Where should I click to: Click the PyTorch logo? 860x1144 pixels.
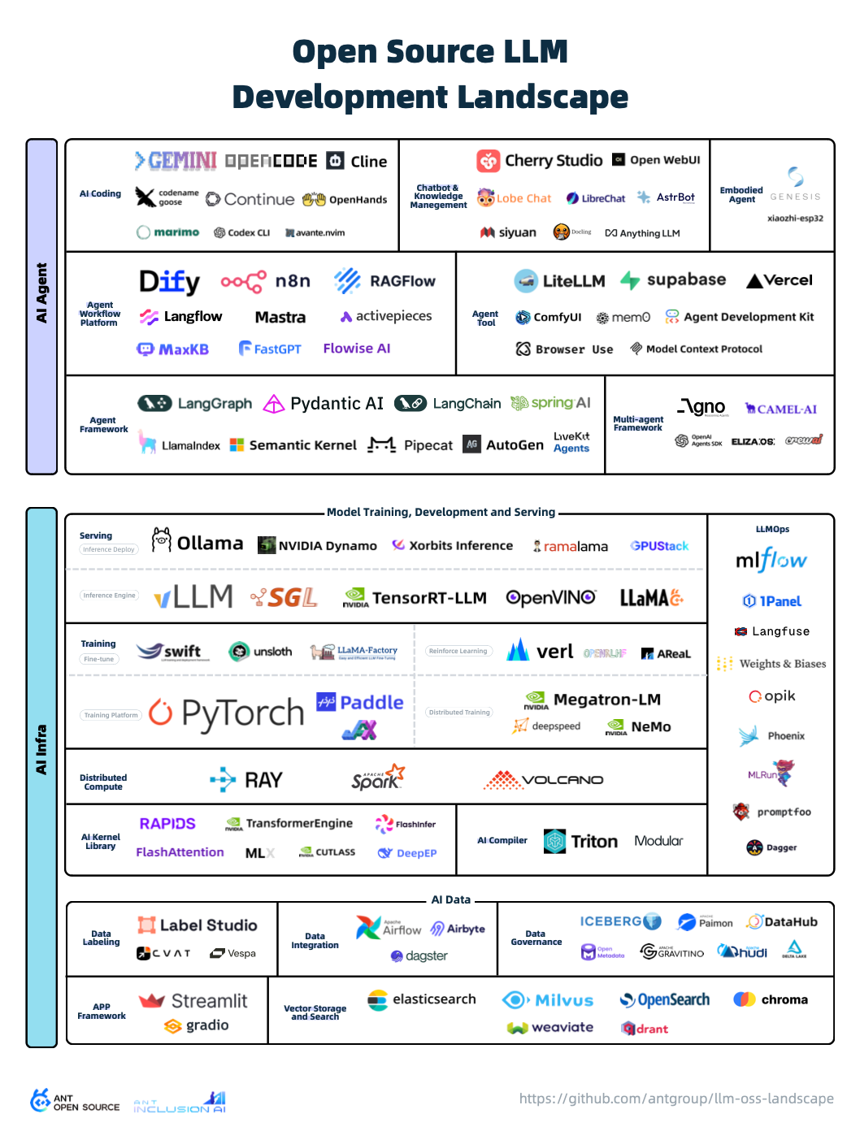coord(227,713)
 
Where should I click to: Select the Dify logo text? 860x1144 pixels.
coord(169,281)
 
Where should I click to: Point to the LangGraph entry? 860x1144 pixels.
coord(195,403)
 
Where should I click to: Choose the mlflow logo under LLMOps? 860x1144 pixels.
coord(771,560)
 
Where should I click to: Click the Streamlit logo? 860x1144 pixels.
coord(193,1001)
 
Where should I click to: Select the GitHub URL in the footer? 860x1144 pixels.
coord(676,1098)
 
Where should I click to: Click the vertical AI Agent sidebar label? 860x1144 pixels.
coord(41,292)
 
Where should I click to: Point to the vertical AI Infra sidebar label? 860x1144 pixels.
coord(41,748)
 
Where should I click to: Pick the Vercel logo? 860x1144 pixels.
coord(780,280)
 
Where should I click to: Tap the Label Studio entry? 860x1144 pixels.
coord(198,925)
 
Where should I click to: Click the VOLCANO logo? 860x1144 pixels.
coord(544,780)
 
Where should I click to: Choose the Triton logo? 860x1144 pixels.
coord(580,841)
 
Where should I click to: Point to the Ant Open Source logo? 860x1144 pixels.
coord(75,1102)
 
